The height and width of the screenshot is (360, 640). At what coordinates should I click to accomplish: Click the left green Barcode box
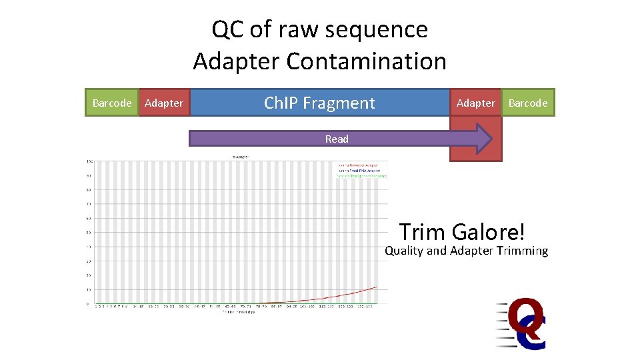pos(111,103)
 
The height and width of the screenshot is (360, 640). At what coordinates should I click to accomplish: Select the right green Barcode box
pos(527,103)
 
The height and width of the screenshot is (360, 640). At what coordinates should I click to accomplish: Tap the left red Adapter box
pos(163,103)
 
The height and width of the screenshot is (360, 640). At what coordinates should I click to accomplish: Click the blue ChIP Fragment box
pos(319,103)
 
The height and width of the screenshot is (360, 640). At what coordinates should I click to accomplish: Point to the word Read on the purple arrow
pos(337,139)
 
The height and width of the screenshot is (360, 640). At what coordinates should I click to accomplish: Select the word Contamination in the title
pos(366,61)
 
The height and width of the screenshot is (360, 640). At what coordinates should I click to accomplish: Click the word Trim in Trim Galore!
pos(422,232)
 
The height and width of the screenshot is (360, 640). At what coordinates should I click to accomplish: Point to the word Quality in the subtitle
pos(404,251)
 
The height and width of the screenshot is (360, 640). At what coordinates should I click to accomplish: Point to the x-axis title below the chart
pos(237,312)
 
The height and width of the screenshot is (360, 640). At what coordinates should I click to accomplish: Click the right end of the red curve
pos(377,287)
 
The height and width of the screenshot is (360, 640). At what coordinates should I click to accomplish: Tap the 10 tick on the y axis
pos(89,290)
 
